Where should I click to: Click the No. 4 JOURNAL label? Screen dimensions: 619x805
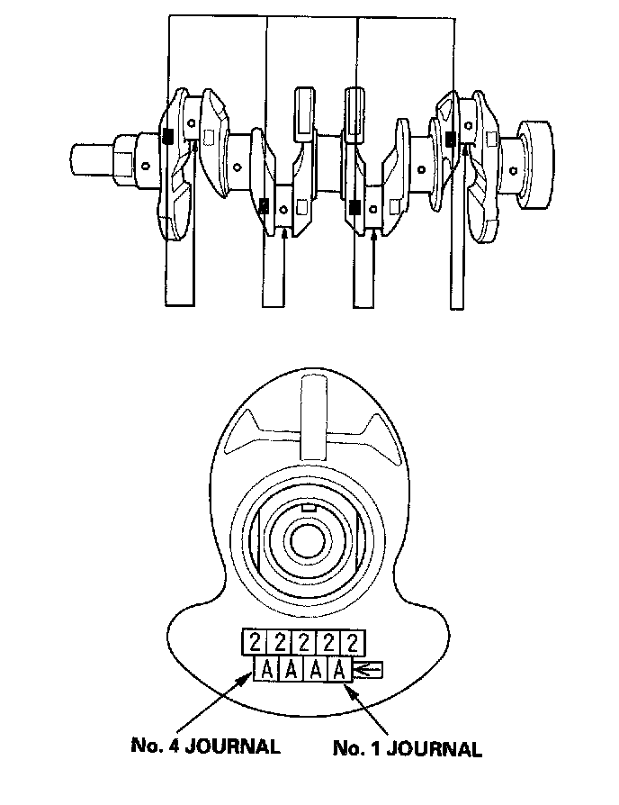click(x=206, y=746)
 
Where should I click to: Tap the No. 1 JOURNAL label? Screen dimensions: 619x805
click(x=408, y=748)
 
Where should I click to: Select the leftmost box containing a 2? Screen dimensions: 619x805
click(x=255, y=643)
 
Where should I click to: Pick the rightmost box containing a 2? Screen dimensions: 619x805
click(x=353, y=643)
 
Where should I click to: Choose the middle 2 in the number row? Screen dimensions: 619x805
click(x=303, y=643)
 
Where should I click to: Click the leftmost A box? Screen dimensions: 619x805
click(x=265, y=669)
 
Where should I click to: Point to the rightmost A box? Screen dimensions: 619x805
click(x=339, y=669)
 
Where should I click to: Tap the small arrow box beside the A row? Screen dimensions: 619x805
click(x=368, y=669)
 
